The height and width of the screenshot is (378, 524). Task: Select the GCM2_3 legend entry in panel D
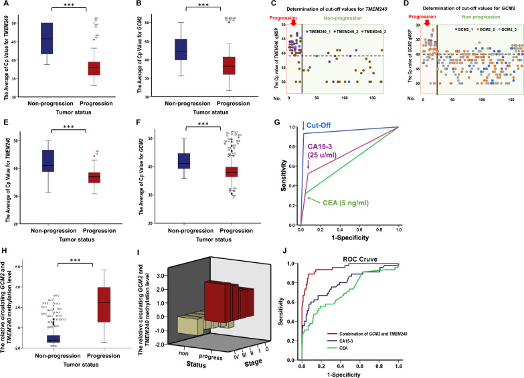pos(504,30)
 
